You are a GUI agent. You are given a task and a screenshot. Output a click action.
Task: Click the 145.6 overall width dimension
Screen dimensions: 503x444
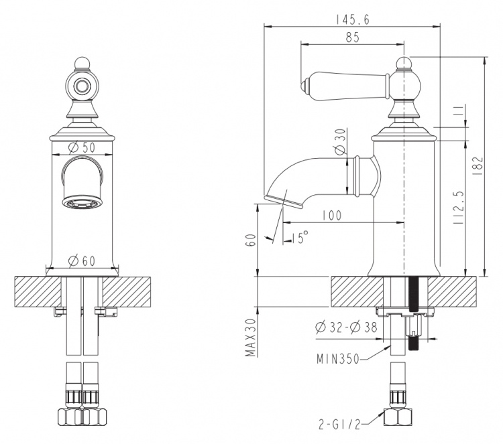point(352,19)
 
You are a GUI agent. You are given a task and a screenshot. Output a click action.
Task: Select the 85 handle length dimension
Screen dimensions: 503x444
point(352,38)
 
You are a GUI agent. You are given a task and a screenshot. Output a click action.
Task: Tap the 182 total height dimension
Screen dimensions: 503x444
point(478,165)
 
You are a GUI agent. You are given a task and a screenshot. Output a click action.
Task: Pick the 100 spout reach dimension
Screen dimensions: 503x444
point(332,216)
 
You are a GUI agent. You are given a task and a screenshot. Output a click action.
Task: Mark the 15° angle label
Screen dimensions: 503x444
point(300,237)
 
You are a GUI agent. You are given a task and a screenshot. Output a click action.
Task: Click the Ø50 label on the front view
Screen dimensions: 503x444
point(82,147)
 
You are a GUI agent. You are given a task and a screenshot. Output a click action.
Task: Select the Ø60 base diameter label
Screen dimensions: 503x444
point(82,261)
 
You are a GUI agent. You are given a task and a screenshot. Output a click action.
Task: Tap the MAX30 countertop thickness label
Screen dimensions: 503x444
point(251,338)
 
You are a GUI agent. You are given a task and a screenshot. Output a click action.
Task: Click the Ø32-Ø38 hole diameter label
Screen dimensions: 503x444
point(346,327)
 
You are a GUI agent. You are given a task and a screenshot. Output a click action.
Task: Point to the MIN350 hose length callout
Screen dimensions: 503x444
point(338,359)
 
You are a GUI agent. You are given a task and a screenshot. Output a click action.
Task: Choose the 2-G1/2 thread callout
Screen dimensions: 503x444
point(339,425)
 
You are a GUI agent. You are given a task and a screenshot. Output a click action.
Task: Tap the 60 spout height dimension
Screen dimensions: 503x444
point(251,240)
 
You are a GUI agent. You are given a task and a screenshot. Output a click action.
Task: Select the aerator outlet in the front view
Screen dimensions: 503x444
point(82,202)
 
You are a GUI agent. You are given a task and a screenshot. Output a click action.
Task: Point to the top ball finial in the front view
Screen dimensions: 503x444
point(82,63)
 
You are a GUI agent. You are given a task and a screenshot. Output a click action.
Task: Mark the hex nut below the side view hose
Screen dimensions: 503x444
point(398,417)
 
